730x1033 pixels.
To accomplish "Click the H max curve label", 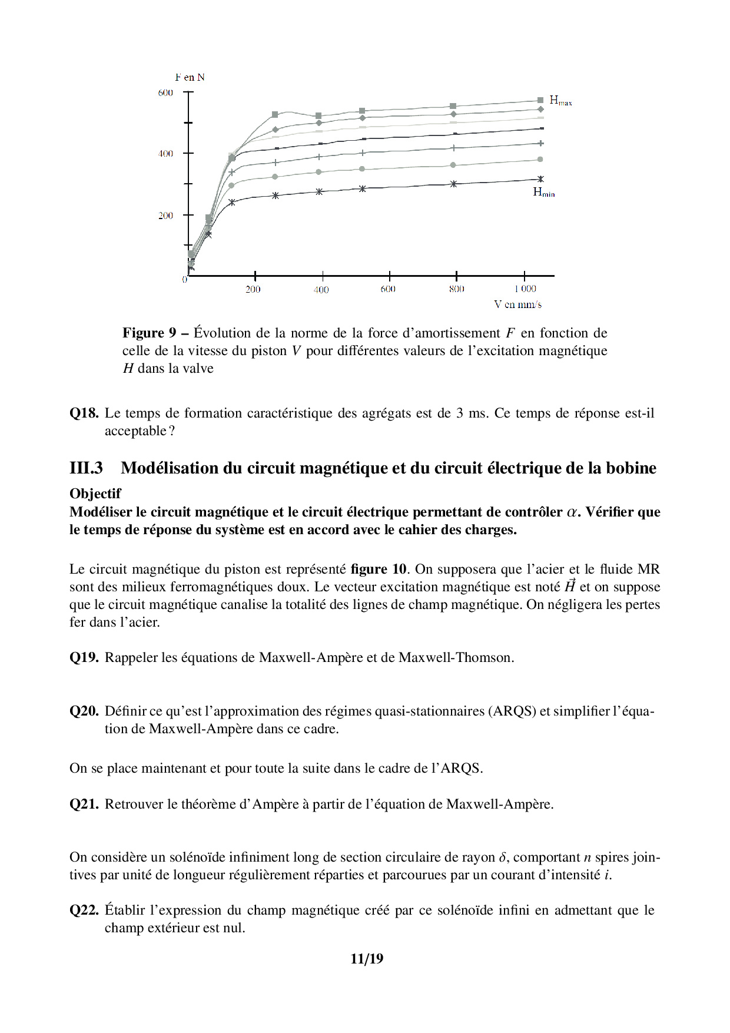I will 560,101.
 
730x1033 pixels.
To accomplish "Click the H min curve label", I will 543,192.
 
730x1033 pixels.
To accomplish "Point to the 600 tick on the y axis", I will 165,92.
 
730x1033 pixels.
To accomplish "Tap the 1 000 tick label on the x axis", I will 525,289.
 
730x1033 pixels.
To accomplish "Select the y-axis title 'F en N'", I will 190,77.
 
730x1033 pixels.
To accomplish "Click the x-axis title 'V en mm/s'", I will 517,304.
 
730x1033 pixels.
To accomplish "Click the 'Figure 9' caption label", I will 149,333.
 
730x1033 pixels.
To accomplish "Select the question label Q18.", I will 84,413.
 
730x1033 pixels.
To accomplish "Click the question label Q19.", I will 84,657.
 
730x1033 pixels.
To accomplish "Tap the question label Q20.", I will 84,711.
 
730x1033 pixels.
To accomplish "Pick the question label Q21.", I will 84,804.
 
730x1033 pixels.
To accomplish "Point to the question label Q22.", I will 84,910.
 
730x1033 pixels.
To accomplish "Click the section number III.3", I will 86,468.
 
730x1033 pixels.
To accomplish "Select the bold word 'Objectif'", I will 95,494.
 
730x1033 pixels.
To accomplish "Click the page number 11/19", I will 366,959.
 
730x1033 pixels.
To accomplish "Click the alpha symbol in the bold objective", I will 571,512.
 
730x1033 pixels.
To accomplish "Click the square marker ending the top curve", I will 540,101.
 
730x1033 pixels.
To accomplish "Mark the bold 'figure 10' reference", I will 379,569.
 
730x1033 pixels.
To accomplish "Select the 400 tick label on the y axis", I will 165,154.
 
